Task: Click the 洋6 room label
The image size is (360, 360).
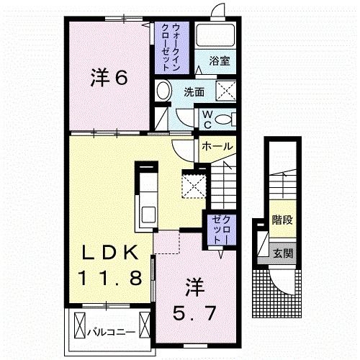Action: (109, 78)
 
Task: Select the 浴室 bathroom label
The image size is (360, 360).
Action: (220, 61)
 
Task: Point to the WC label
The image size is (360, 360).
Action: (205, 117)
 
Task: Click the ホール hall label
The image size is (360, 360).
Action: (217, 146)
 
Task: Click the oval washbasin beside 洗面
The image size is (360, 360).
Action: (163, 91)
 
